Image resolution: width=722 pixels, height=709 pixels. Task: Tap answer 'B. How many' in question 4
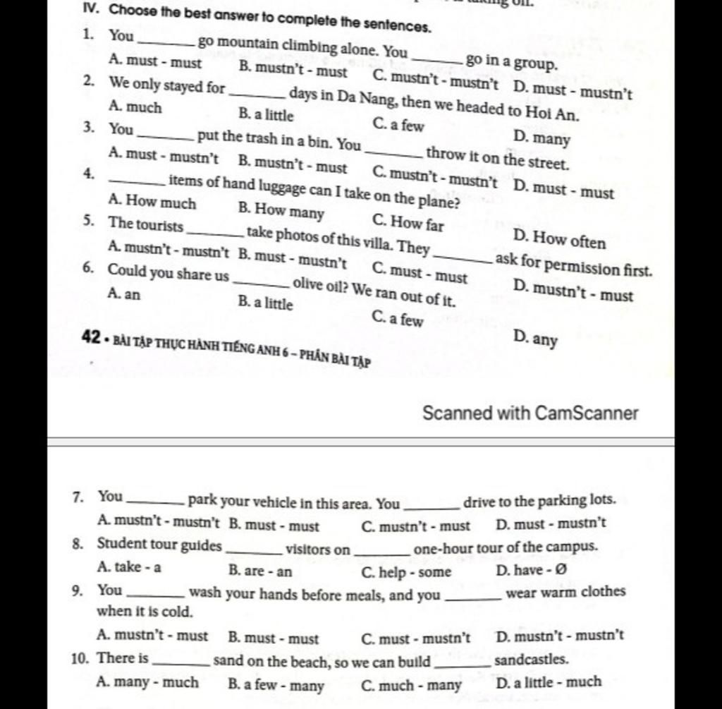(x=281, y=210)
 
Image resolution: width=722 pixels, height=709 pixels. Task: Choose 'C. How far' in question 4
(x=408, y=224)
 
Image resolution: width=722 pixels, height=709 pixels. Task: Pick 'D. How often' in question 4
(x=559, y=240)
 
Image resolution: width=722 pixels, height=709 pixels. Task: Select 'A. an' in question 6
(x=125, y=293)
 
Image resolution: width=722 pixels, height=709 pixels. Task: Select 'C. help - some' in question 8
(x=405, y=571)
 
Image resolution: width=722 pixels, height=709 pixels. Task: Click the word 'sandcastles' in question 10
(x=521, y=660)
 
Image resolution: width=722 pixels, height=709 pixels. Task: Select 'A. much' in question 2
(x=136, y=107)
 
